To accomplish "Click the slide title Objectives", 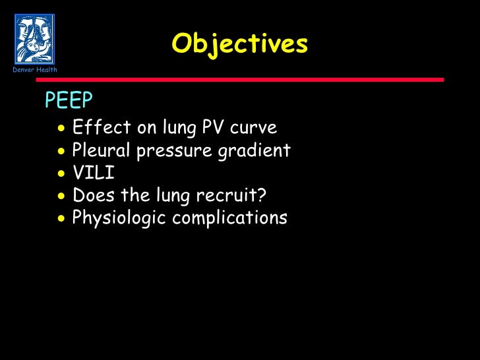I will point(239,44).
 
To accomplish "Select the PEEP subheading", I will point(69,100).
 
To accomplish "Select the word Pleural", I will point(102,150).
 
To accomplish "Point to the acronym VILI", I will point(93,173).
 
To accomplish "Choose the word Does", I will point(91,196).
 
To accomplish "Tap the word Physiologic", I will point(118,218).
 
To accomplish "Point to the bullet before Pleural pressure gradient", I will point(61,152).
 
